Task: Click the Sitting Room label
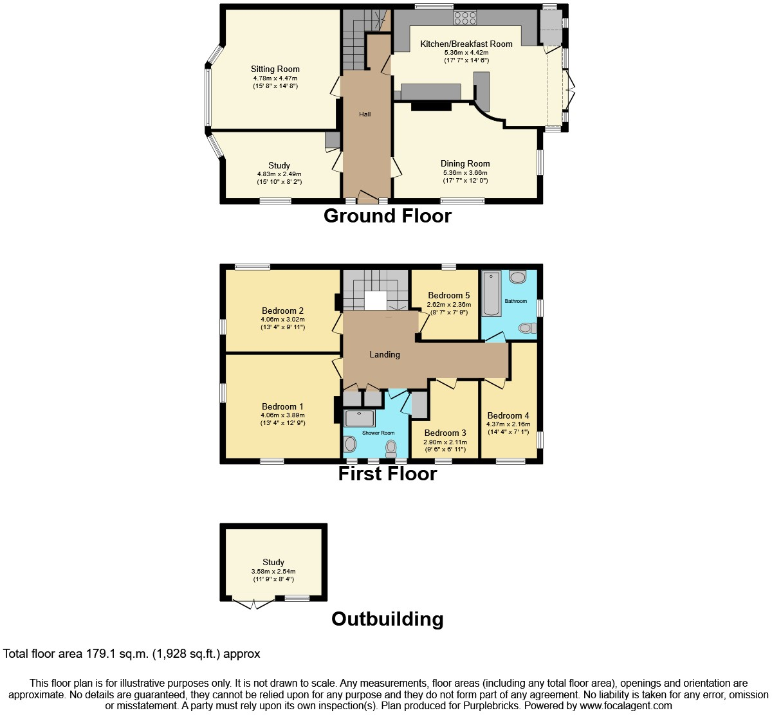coord(275,69)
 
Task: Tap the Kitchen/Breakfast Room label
coord(466,44)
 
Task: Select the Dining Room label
coord(465,164)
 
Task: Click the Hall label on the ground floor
coord(365,114)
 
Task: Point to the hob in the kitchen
coord(464,17)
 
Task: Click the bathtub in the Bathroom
coord(491,294)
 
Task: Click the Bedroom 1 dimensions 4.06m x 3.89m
coord(282,415)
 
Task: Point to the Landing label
coord(385,354)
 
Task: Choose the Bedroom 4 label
coord(508,415)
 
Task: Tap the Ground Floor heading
coord(387,215)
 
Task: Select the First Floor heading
coord(387,474)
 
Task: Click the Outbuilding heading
coord(387,619)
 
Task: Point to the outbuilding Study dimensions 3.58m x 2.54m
coord(273,571)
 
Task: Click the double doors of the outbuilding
coord(253,603)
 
